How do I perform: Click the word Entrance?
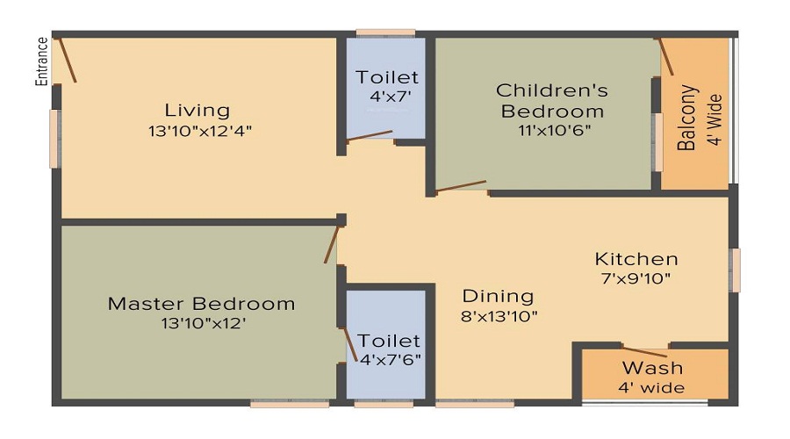41,61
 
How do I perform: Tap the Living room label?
197,111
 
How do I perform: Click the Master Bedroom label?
201,304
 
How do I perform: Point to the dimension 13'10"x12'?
201,324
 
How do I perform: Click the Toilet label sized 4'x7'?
387,78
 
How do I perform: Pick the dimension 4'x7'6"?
390,358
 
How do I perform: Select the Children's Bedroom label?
552,100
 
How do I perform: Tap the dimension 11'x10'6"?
555,131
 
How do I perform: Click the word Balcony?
688,118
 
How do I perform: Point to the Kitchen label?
636,259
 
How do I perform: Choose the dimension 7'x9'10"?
636,279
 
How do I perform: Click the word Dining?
498,296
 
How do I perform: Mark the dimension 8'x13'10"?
500,315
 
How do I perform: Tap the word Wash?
652,368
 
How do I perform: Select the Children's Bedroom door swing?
461,186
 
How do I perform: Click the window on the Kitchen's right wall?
735,270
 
